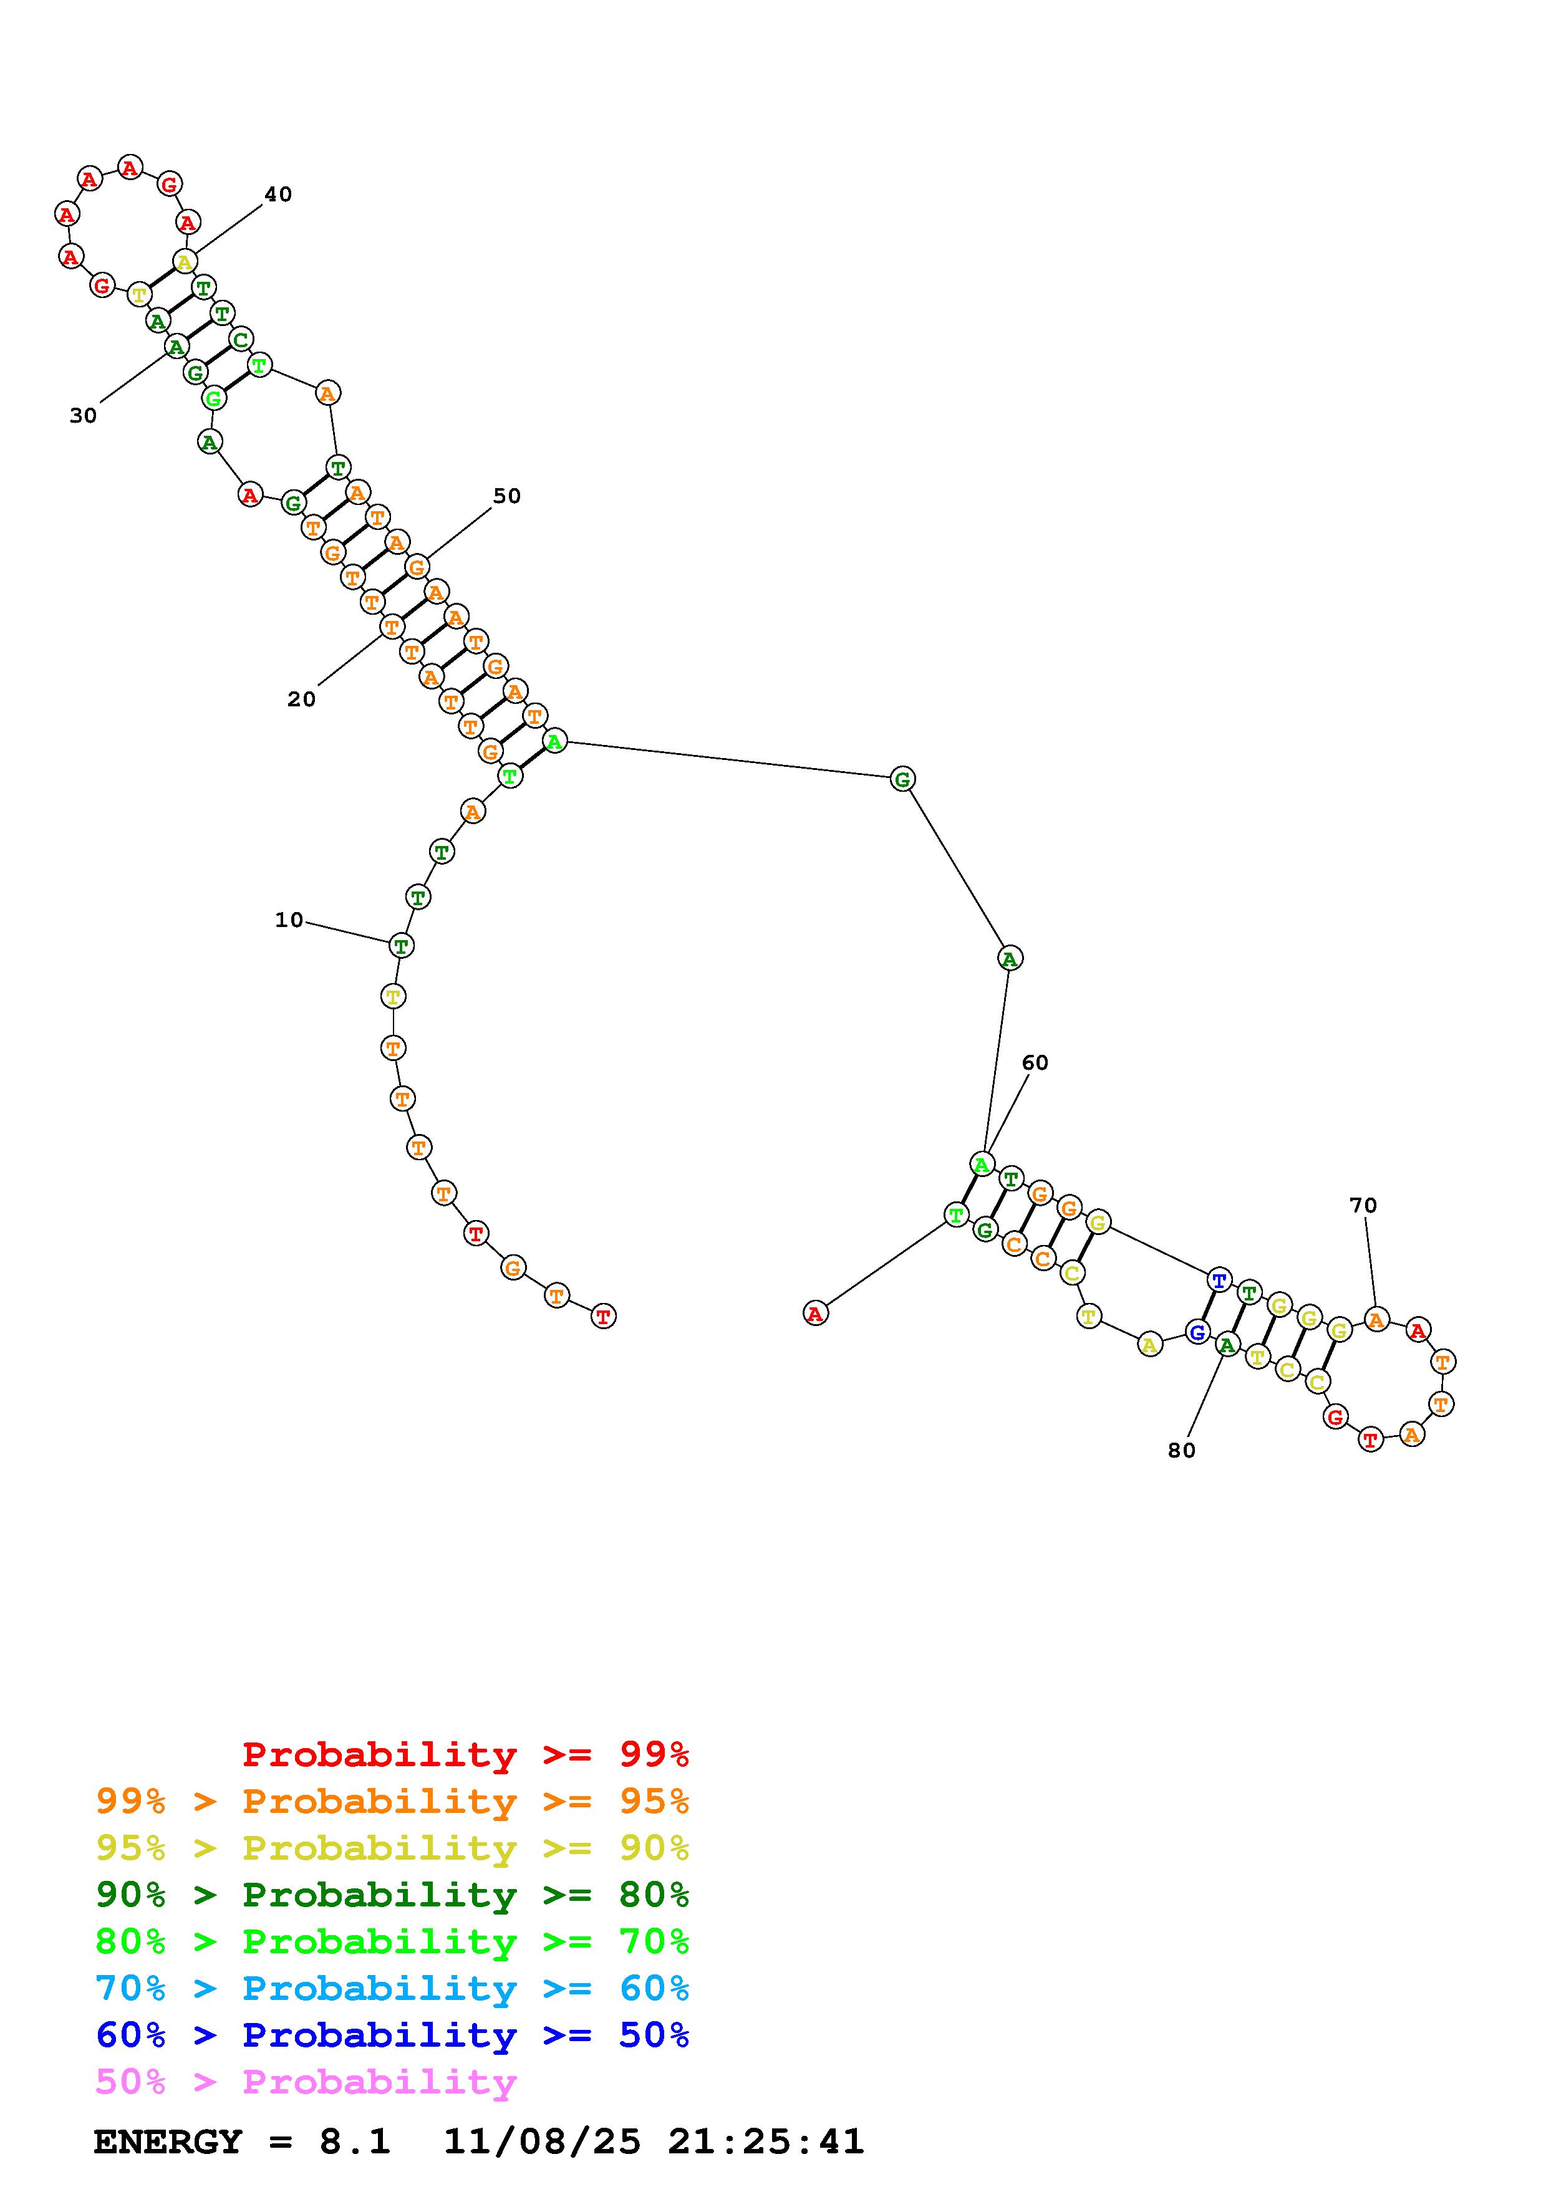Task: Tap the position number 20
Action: click(301, 699)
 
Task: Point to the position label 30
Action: click(83, 415)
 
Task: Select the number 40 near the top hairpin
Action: click(278, 195)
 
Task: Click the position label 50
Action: click(507, 495)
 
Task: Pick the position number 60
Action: click(1035, 1062)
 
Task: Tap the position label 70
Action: click(1363, 1205)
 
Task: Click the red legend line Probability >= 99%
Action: click(466, 1754)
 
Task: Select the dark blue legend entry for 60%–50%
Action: click(392, 2035)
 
